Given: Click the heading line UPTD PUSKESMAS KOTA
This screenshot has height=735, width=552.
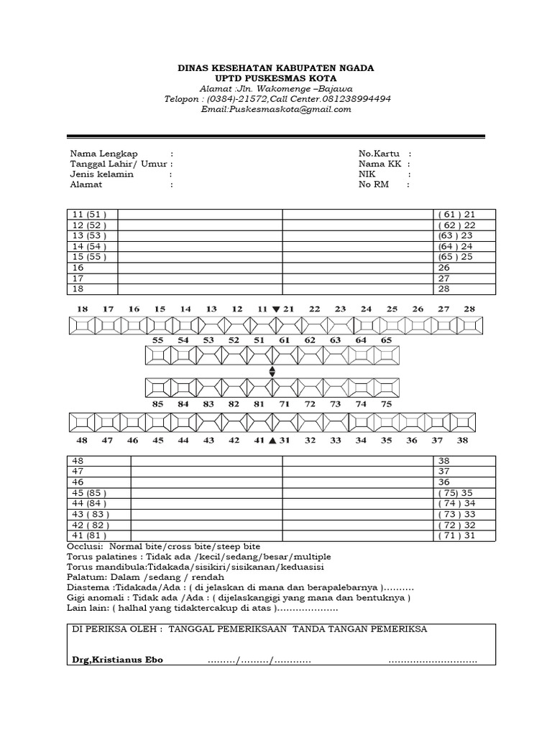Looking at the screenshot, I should point(276,78).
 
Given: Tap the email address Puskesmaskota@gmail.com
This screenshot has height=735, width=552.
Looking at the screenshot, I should point(276,109).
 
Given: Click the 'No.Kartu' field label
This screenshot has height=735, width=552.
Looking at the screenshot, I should point(378,154).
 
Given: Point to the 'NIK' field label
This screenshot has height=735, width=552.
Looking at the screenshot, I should point(367,174).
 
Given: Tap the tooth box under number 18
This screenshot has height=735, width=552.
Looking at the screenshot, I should point(82,325).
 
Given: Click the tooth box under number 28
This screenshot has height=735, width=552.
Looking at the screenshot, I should point(470,325).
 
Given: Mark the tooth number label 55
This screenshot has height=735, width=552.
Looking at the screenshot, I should point(158,340).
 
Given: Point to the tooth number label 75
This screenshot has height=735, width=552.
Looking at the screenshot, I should point(387,404).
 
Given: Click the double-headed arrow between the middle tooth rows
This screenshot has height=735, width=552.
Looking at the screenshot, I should point(272,371).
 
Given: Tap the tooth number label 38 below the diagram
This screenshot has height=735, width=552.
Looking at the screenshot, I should point(462,440).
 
